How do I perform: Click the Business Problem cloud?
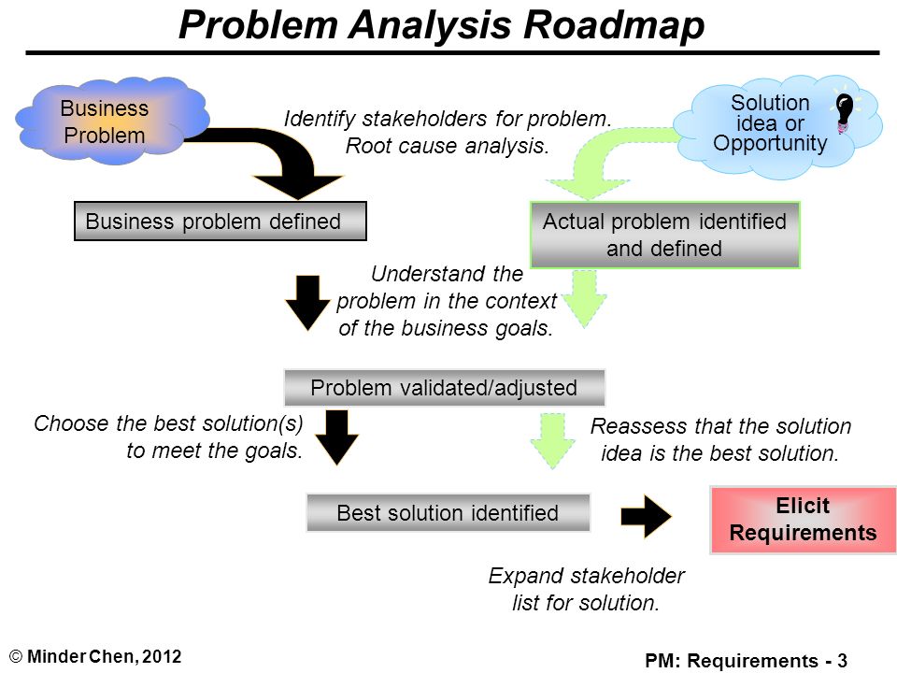coord(111,121)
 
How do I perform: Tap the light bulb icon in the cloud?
coord(845,112)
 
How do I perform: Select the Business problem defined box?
coord(221,221)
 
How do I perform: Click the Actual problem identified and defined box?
coord(664,235)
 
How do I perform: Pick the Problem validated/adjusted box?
coord(444,387)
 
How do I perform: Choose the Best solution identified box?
coord(448,513)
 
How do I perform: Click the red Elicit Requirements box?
coord(804,520)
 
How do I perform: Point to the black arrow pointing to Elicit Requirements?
coord(646,516)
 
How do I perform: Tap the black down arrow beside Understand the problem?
coord(307,303)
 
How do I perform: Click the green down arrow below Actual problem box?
coord(584,298)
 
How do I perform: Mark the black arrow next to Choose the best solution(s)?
coord(337,437)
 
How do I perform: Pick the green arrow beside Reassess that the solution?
coord(552,440)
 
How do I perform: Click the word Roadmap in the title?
coord(614,25)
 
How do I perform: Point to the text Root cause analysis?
coord(447,146)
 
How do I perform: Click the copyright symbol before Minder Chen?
coord(16,656)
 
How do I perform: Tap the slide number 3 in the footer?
coord(842,661)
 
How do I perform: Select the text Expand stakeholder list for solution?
coord(586,589)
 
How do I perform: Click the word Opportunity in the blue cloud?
coord(770,143)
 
